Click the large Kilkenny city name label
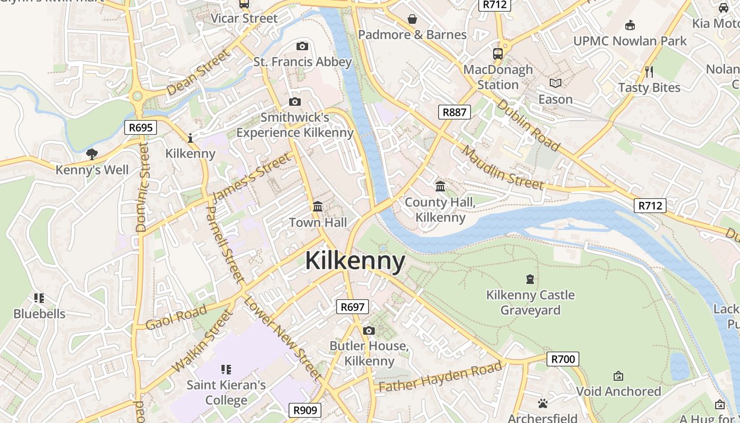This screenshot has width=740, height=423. [x=355, y=261]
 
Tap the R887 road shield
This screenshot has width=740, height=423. [x=455, y=112]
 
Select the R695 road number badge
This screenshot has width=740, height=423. [x=141, y=127]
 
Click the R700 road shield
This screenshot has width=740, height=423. [x=562, y=360]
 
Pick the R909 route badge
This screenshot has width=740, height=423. [x=306, y=410]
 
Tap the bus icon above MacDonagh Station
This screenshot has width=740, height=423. [x=498, y=53]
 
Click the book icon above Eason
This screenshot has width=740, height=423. [x=556, y=83]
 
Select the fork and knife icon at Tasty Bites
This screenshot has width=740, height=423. [x=649, y=71]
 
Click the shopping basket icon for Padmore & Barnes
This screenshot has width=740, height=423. [x=412, y=19]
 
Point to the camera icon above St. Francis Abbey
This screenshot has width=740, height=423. [x=302, y=47]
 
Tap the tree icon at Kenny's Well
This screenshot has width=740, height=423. [x=92, y=154]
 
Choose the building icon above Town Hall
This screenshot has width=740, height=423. [x=318, y=206]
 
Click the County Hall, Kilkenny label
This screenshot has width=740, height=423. [x=440, y=209]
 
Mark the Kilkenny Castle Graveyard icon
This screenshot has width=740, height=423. [x=530, y=279]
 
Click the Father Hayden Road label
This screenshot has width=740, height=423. [x=440, y=377]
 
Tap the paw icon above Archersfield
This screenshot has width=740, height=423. [x=543, y=403]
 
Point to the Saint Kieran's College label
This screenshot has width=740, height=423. [x=226, y=392]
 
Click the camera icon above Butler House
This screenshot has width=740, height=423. [x=369, y=331]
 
